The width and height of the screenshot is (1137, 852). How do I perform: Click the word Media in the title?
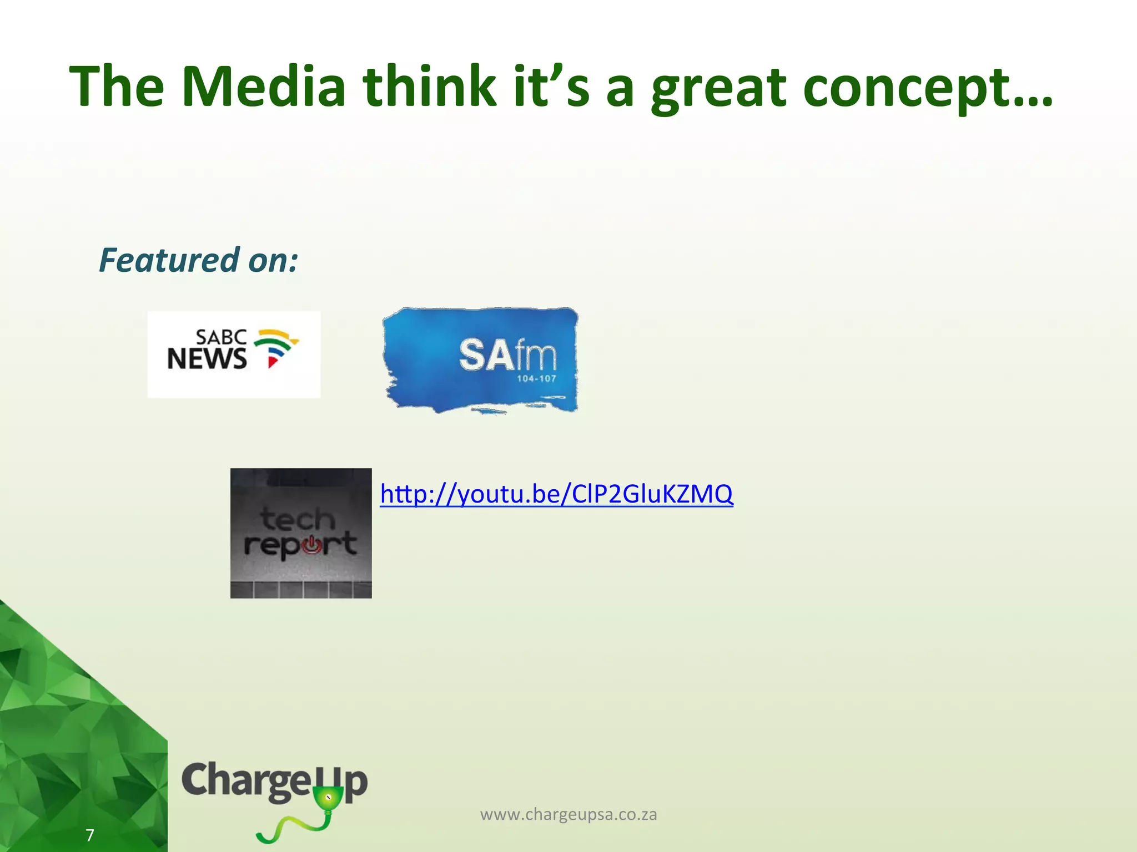tap(264, 87)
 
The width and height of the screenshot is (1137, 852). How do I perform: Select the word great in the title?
tap(719, 89)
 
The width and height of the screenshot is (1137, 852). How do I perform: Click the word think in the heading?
tap(429, 87)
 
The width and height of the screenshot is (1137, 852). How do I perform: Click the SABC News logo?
tap(234, 354)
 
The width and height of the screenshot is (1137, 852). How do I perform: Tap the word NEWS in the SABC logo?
tap(207, 359)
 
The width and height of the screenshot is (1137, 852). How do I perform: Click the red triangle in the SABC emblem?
tap(272, 362)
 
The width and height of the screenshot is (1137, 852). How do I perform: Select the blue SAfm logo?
tap(481, 359)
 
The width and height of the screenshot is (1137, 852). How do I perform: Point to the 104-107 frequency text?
tap(536, 379)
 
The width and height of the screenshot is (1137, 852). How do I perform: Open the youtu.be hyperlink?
tap(556, 494)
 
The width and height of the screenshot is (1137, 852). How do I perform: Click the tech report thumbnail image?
tap(301, 533)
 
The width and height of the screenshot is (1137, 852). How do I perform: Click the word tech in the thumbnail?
tap(298, 519)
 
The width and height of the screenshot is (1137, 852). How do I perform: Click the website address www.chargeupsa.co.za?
tap(568, 814)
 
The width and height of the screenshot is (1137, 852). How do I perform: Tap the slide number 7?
tap(90, 835)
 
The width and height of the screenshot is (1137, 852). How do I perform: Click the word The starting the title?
tap(117, 87)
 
